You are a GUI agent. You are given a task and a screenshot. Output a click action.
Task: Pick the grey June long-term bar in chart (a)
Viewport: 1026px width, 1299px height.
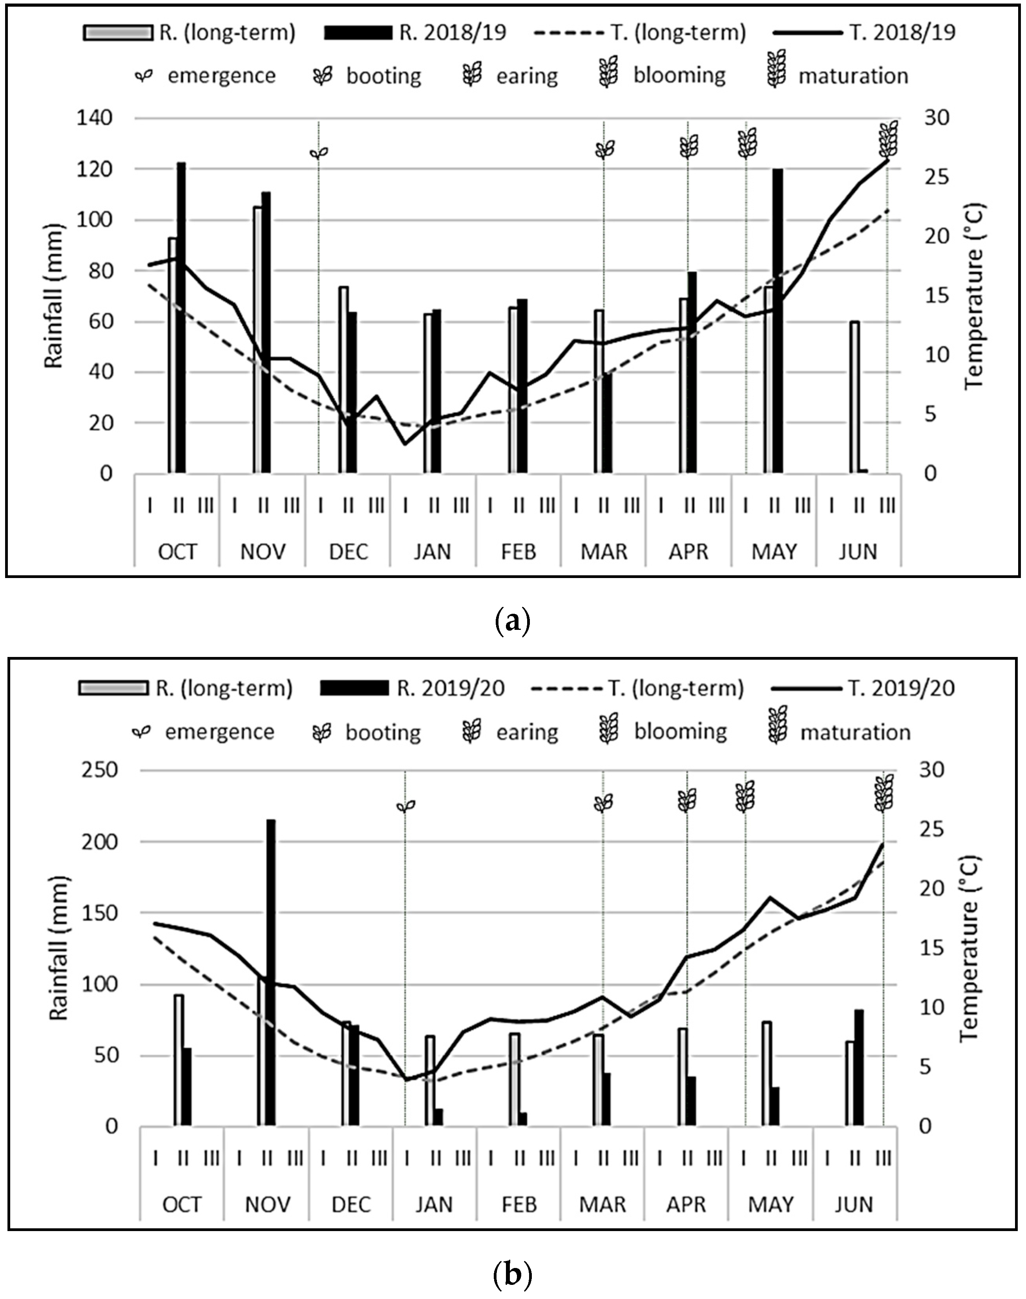[854, 397]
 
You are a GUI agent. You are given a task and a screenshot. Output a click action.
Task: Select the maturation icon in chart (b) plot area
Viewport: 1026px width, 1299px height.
[884, 793]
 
